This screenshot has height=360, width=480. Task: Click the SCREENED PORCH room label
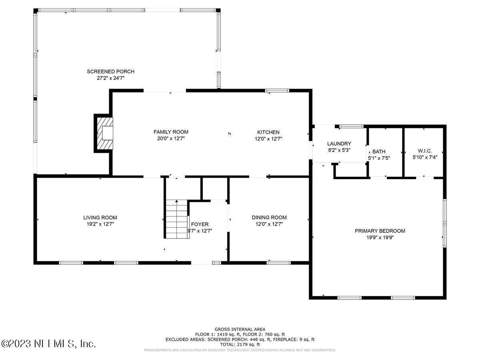(x=110, y=72)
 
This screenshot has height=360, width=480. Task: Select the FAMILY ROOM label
(x=171, y=132)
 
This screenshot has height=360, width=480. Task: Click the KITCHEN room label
(x=268, y=132)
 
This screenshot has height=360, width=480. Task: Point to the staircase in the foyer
(x=176, y=219)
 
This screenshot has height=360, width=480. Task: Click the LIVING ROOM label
(x=100, y=218)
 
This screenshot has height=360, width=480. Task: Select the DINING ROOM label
(x=269, y=218)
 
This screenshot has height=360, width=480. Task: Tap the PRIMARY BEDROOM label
(x=380, y=231)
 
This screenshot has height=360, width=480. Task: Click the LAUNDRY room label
(x=339, y=144)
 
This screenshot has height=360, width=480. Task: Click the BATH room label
(x=379, y=152)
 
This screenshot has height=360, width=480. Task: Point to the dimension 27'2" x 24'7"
(x=110, y=78)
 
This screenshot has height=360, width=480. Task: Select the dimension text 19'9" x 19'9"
(x=380, y=237)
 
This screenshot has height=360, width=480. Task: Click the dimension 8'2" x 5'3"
(x=339, y=150)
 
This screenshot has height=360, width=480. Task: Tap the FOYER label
(x=200, y=224)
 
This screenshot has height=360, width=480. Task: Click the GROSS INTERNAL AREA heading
(x=240, y=329)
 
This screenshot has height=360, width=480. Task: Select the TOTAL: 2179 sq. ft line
(x=240, y=344)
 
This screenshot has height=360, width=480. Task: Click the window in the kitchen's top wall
(x=277, y=91)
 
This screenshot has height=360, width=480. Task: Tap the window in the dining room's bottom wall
(x=278, y=263)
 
